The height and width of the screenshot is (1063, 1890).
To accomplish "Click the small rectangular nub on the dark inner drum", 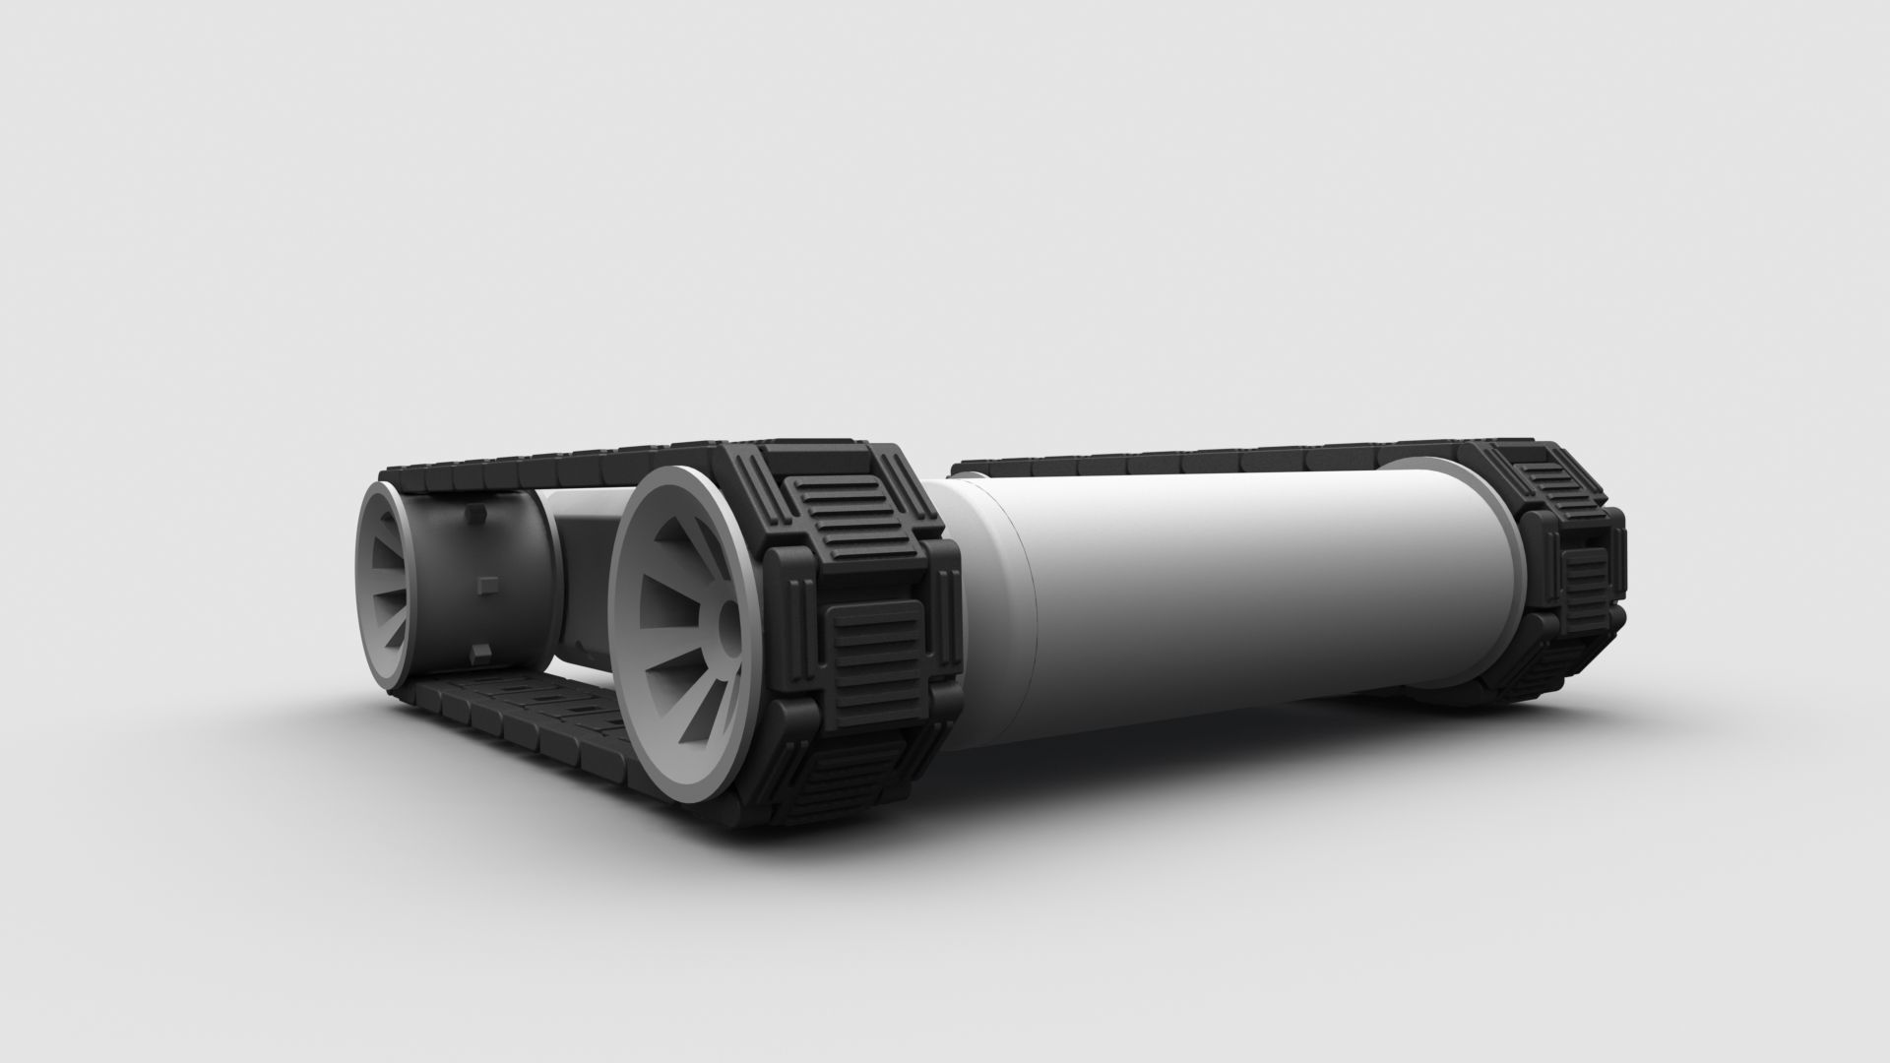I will [x=482, y=585].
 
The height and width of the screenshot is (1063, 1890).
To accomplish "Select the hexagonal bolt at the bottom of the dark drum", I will [x=480, y=651].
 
